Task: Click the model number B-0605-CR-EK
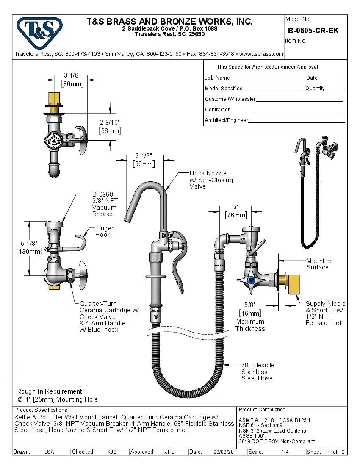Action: (x=313, y=31)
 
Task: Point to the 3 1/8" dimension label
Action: (x=72, y=75)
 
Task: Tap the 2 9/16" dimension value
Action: (x=110, y=122)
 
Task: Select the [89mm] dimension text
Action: (x=144, y=164)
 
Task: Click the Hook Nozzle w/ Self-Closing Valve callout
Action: (x=211, y=180)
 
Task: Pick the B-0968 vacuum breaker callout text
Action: (x=104, y=204)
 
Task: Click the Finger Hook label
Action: (x=104, y=231)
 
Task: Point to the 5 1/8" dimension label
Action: (x=29, y=243)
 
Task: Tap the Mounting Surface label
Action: (x=319, y=264)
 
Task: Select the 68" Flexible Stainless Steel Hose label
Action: (x=258, y=372)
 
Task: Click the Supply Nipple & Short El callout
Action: (x=325, y=313)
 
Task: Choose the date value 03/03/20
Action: (x=224, y=452)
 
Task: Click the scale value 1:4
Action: (x=286, y=452)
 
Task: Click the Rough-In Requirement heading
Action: (x=50, y=391)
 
